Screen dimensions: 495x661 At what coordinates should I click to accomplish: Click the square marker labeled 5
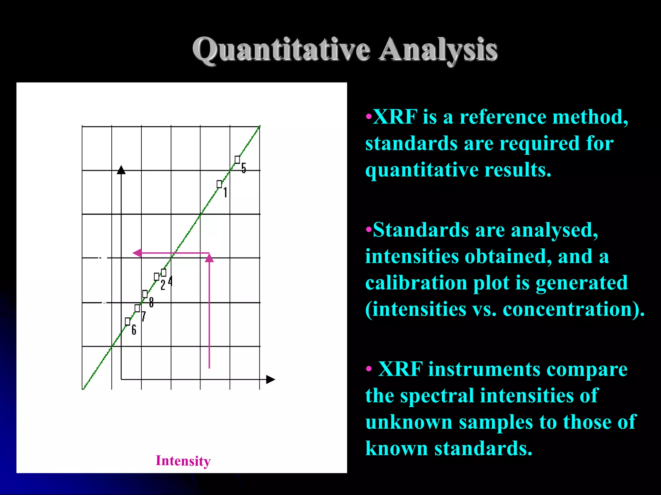(x=237, y=160)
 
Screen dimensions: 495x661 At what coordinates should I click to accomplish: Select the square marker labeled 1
(x=219, y=184)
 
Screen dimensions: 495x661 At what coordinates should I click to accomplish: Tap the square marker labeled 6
(x=127, y=321)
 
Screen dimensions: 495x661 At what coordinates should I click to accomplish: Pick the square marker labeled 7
(x=137, y=308)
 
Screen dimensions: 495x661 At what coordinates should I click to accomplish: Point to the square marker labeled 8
(x=145, y=294)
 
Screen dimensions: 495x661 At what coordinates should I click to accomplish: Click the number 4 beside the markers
(x=170, y=281)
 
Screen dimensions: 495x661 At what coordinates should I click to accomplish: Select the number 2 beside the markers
(x=163, y=285)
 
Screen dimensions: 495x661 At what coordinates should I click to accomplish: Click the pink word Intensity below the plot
(x=183, y=461)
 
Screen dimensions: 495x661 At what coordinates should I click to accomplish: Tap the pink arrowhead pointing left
(x=137, y=253)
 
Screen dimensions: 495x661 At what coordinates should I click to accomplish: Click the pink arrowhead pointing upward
(x=209, y=258)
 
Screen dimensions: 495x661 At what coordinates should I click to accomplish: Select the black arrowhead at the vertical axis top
(x=121, y=170)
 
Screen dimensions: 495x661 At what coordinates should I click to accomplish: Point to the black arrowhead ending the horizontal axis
(x=270, y=380)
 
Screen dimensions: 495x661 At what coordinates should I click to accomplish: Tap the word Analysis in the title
(x=438, y=50)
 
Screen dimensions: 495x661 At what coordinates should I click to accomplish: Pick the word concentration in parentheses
(x=567, y=309)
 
